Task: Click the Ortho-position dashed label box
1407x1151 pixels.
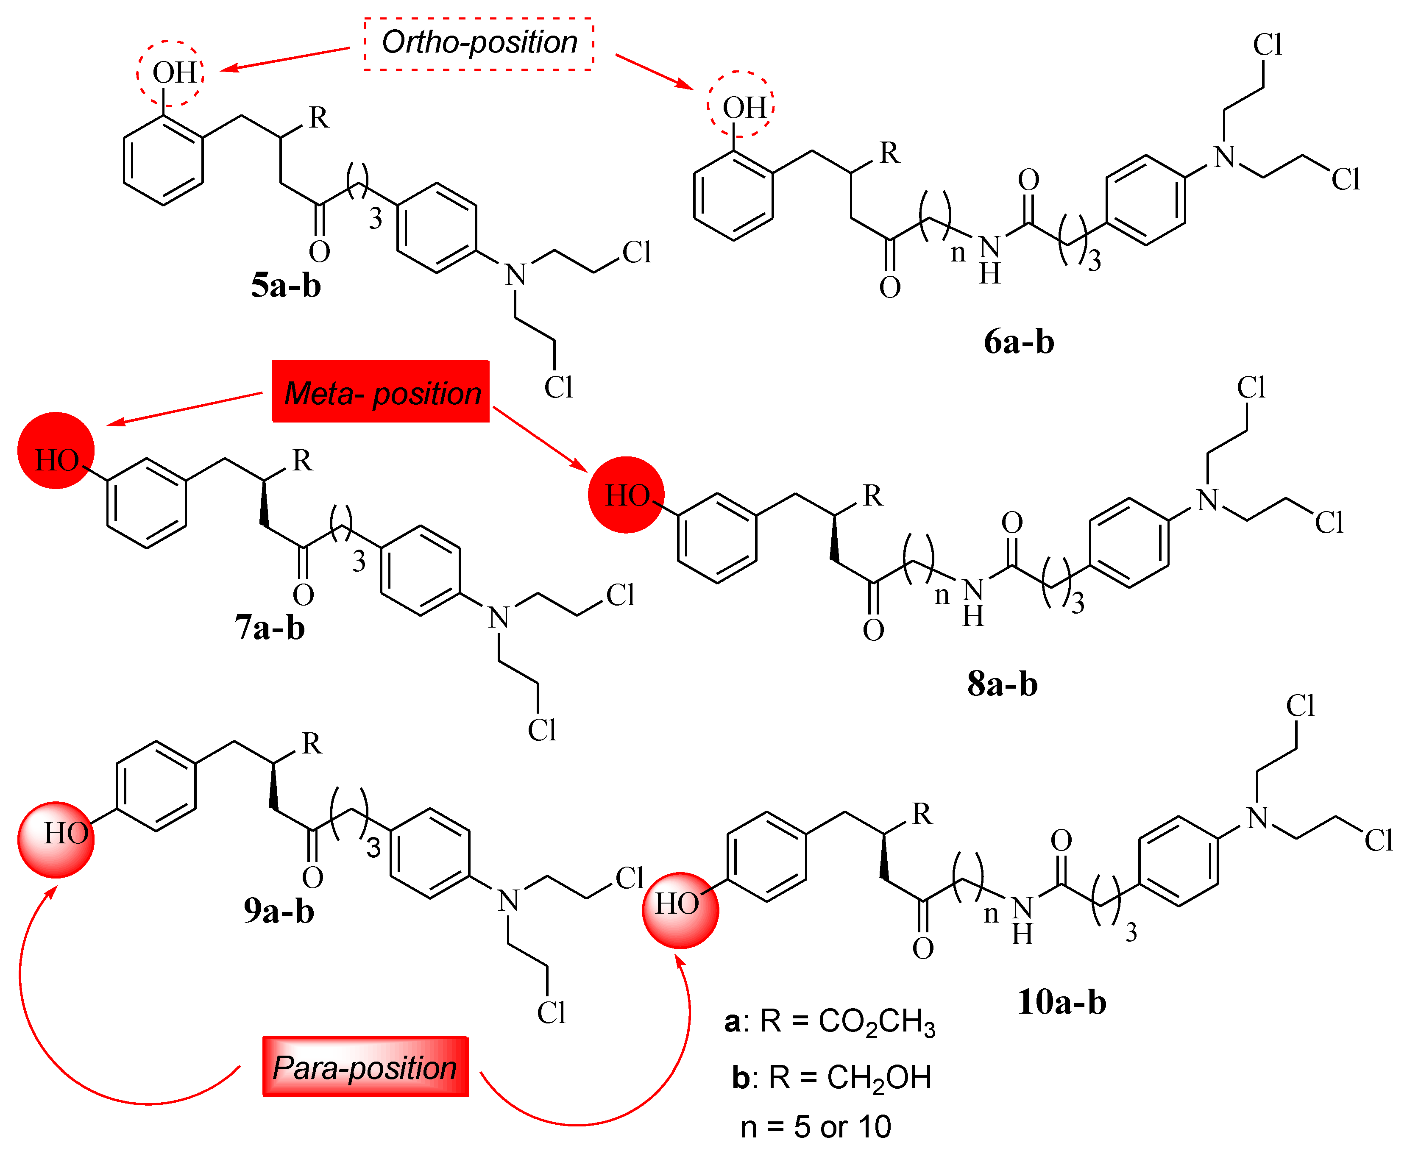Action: [x=478, y=44]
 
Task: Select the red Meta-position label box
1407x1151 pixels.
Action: [x=381, y=392]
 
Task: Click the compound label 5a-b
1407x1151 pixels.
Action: [x=286, y=286]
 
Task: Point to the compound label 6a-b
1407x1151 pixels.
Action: [x=1018, y=342]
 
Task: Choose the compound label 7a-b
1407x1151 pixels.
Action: [x=270, y=627]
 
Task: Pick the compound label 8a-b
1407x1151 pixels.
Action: [x=1002, y=684]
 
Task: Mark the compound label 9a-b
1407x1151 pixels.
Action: [x=279, y=911]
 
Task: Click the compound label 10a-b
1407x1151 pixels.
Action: [x=1062, y=1002]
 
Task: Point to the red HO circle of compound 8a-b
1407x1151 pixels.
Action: [x=626, y=495]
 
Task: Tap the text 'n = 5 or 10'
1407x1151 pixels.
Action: [x=816, y=1126]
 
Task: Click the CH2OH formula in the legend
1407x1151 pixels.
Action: [x=878, y=1077]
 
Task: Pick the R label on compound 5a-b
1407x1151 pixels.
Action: [x=318, y=118]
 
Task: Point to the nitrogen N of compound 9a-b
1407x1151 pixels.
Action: [x=509, y=900]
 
